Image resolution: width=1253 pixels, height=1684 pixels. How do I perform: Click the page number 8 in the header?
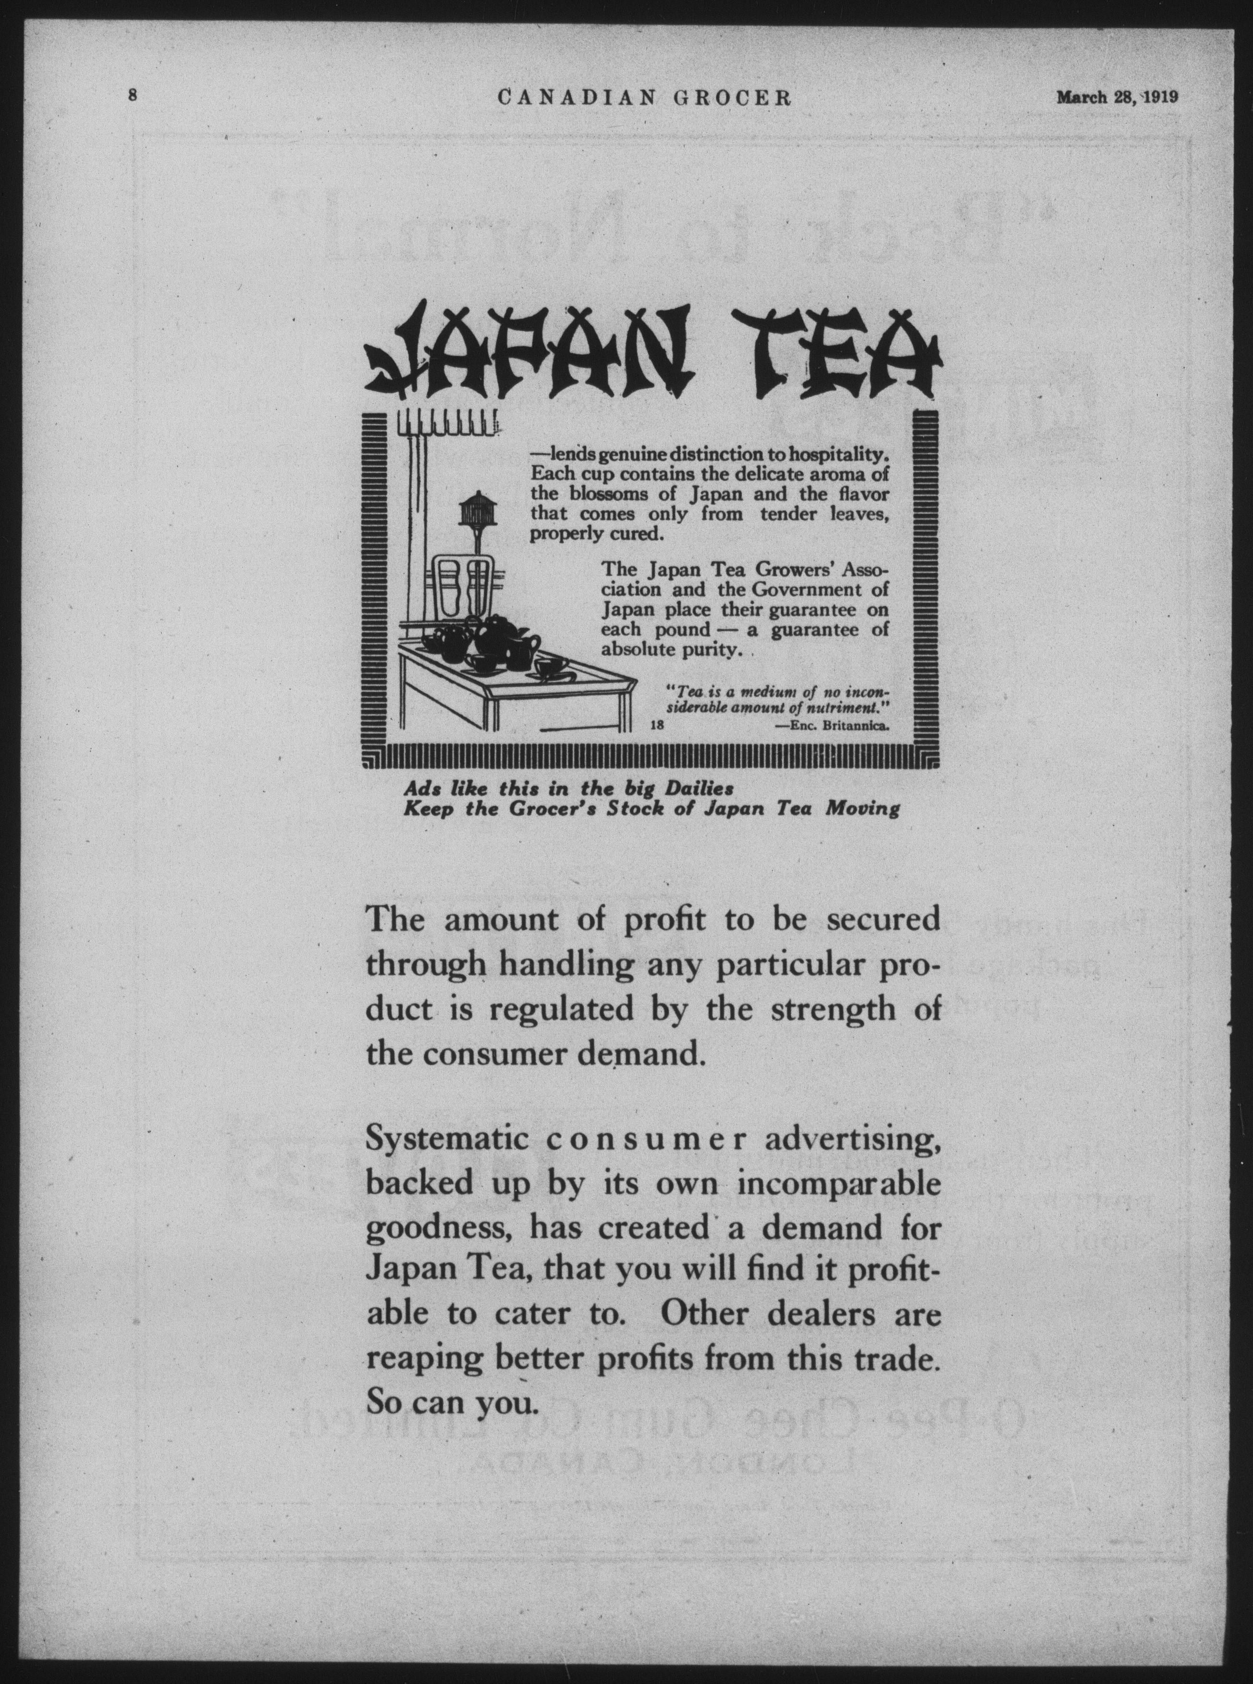(133, 96)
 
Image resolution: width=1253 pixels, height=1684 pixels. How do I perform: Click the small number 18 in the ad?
(657, 725)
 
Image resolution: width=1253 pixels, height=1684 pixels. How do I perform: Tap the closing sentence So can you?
(451, 1404)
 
